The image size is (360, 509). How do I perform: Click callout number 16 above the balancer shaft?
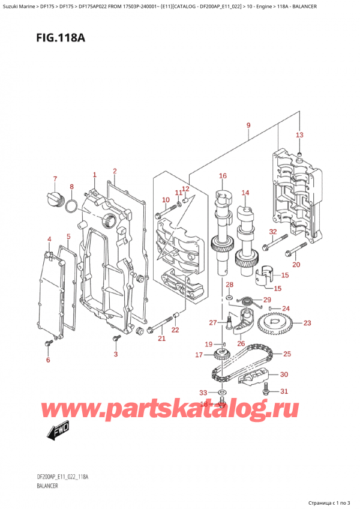coord(223,176)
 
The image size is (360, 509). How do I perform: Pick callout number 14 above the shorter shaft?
coord(245,193)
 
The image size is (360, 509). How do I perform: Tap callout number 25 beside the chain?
coord(287,354)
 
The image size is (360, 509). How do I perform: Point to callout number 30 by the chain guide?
coord(284,375)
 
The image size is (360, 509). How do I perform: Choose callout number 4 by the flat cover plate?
coord(50,239)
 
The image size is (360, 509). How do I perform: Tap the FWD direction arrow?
coord(59,430)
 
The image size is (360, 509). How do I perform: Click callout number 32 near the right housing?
coord(272,232)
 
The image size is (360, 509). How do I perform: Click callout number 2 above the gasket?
coord(115,171)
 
